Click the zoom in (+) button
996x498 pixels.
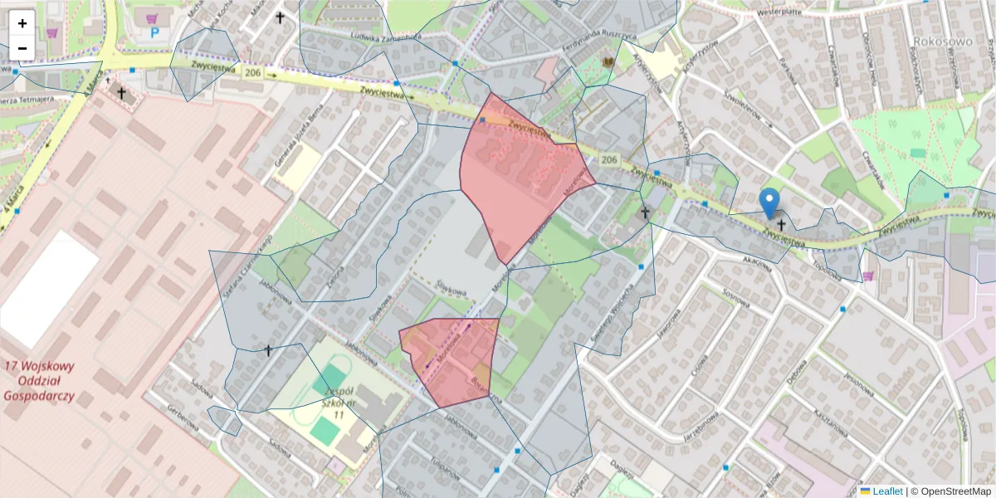click(x=22, y=23)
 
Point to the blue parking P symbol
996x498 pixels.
click(x=154, y=33)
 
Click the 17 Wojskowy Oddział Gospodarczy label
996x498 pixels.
click(x=40, y=381)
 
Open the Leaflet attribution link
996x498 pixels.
click(x=881, y=491)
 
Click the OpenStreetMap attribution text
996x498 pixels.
click(x=951, y=491)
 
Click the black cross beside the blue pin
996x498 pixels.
click(x=781, y=224)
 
